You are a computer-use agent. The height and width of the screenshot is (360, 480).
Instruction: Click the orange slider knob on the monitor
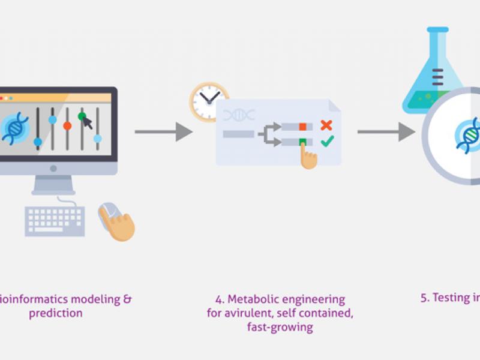click(67, 126)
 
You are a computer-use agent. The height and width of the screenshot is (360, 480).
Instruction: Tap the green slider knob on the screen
click(82, 116)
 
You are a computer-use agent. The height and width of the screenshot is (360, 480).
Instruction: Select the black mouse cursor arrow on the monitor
click(88, 124)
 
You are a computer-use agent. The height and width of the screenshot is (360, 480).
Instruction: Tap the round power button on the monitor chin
click(53, 169)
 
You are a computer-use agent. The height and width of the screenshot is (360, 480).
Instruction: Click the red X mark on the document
click(326, 125)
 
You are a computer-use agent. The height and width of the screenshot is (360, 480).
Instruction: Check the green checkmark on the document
click(327, 142)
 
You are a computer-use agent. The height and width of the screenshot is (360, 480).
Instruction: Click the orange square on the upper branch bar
click(303, 126)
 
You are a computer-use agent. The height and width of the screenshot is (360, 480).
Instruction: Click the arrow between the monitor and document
click(163, 131)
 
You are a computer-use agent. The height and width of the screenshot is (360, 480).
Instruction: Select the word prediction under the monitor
click(56, 313)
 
